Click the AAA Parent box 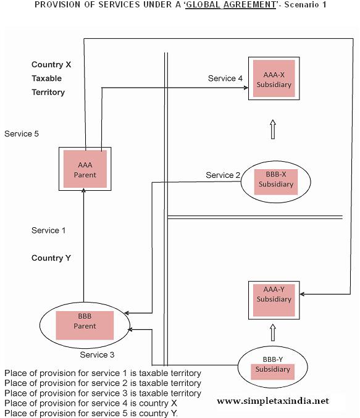point(85,169)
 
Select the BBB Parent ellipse point(85,325)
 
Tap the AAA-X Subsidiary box point(273,79)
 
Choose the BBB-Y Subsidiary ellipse point(272,369)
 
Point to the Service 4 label point(222,78)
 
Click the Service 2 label point(223,175)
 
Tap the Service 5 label point(22,133)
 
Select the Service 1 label point(48,230)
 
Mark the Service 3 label point(97,355)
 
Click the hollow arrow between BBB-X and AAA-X point(272,130)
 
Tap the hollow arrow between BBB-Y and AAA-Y point(272,334)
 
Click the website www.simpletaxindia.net point(273,401)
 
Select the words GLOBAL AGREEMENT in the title point(216,4)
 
